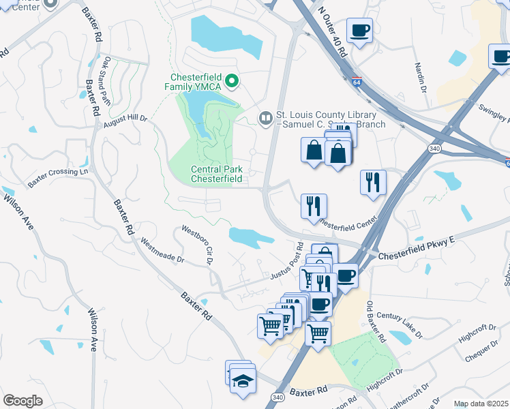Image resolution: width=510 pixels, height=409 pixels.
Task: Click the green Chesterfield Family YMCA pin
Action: point(232,82)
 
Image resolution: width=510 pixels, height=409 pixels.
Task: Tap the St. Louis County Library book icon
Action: point(265,119)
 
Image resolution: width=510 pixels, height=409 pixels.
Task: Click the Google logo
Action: point(22,400)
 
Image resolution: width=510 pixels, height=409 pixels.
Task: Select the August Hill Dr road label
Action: point(125,118)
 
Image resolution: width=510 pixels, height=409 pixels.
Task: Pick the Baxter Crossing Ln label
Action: point(58,179)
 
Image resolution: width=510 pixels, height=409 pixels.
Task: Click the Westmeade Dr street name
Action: point(162,250)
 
